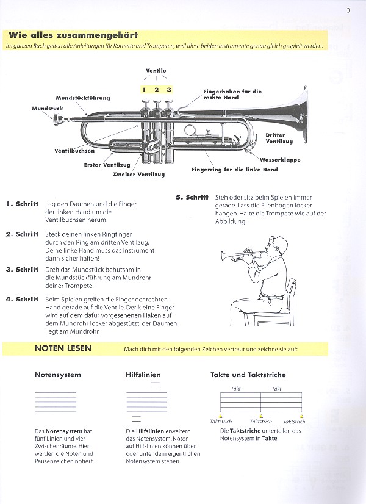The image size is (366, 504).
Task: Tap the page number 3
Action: click(348, 9)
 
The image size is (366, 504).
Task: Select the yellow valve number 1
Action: click(144, 90)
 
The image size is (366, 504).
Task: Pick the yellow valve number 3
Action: click(169, 90)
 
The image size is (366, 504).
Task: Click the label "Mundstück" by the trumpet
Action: click(48, 108)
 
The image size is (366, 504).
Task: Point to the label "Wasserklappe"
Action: click(280, 160)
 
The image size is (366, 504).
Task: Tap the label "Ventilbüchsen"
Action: click(74, 150)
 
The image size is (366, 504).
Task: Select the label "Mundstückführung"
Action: click(83, 98)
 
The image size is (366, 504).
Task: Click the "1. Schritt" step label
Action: click(22, 203)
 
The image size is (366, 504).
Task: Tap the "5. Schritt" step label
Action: click(192, 197)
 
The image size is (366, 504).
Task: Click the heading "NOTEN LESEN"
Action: click(63, 348)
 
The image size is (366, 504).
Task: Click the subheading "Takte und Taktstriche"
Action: click(248, 375)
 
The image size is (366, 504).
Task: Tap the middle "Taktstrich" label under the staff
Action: click(261, 421)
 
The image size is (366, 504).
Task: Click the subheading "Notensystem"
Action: click(58, 375)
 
